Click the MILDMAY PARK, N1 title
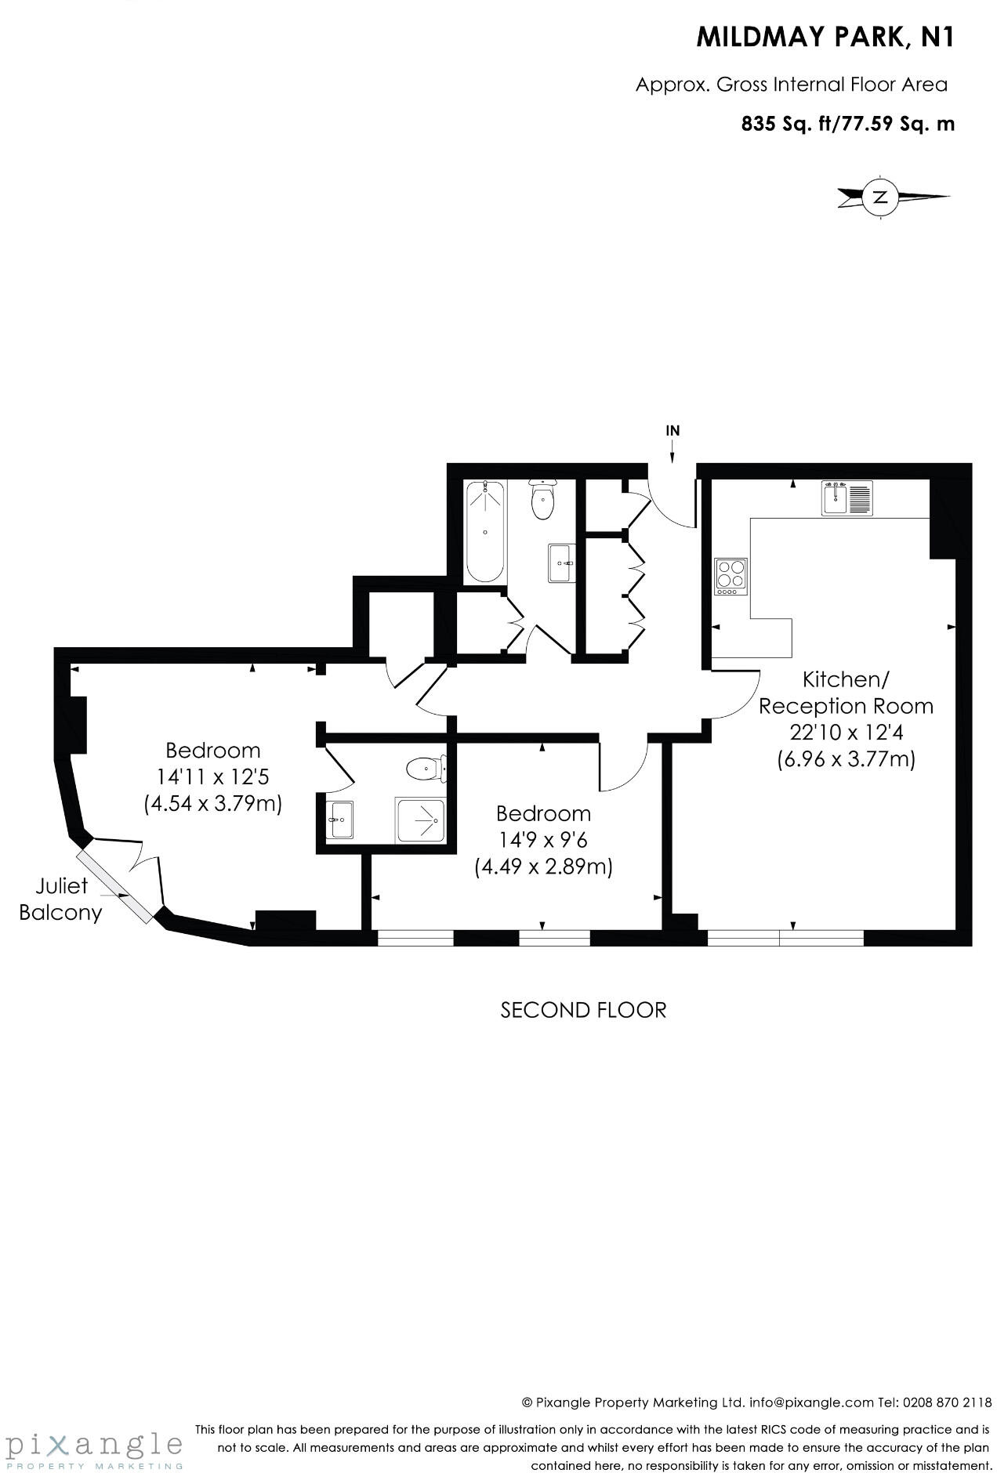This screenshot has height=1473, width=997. pyautogui.click(x=825, y=38)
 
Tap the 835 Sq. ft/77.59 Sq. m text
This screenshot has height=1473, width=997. pyautogui.click(x=847, y=124)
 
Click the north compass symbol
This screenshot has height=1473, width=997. pyautogui.click(x=881, y=197)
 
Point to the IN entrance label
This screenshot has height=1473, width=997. pyautogui.click(x=673, y=430)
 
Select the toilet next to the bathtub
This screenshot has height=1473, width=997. pyautogui.click(x=542, y=501)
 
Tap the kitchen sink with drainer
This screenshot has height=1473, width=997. pyautogui.click(x=847, y=498)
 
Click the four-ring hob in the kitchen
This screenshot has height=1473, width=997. pyautogui.click(x=731, y=577)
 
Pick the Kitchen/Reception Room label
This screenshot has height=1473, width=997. pyautogui.click(x=846, y=693)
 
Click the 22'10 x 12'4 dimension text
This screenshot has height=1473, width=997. pyautogui.click(x=846, y=733)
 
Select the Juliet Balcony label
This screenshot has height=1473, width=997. pyautogui.click(x=61, y=899)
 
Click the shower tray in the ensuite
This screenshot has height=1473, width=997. pyautogui.click(x=420, y=820)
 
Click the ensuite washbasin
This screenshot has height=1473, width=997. pyautogui.click(x=339, y=820)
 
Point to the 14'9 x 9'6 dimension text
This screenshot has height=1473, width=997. pyautogui.click(x=543, y=840)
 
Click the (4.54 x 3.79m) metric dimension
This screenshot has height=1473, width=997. pyautogui.click(x=212, y=804)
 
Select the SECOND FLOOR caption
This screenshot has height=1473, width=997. pyautogui.click(x=583, y=1010)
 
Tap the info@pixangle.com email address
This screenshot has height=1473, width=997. pyautogui.click(x=811, y=1402)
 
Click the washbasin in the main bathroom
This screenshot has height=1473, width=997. pyautogui.click(x=561, y=563)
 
